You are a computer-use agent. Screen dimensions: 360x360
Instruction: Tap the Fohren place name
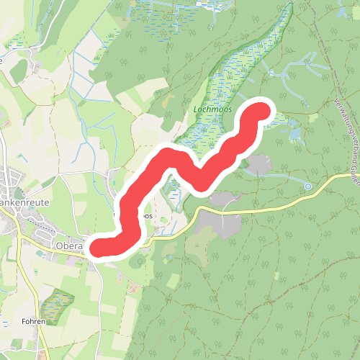click(x=33, y=321)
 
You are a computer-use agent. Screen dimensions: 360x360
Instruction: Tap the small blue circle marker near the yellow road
click(x=308, y=186)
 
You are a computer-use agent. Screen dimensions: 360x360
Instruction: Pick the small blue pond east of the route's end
click(x=295, y=133)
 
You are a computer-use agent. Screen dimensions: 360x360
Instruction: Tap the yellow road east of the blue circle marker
click(x=335, y=179)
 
